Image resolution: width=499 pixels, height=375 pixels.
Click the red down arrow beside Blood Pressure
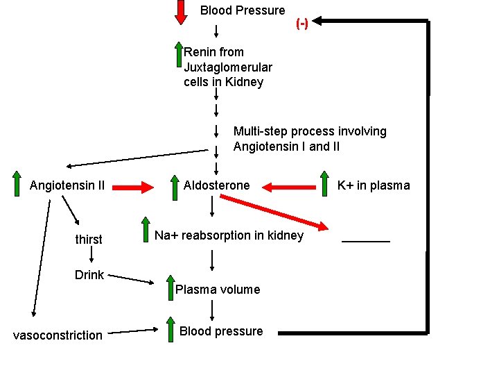point(181,12)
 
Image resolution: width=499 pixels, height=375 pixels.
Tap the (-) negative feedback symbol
point(302,23)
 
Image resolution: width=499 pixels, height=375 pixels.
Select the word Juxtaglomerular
point(227,67)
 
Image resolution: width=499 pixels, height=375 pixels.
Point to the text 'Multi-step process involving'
point(310,131)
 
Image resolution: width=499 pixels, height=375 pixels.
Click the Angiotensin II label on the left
point(67,185)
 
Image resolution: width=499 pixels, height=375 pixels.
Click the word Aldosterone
point(216,185)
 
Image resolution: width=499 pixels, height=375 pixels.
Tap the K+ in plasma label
point(374,185)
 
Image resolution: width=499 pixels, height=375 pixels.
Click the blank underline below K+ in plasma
point(366,241)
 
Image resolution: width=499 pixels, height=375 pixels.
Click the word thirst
point(89,240)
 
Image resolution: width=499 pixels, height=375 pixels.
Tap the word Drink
point(89,275)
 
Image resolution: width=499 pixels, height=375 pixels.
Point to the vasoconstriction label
point(58,335)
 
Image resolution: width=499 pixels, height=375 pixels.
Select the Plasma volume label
point(218,290)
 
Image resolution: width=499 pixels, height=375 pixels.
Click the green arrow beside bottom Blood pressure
point(170,328)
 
